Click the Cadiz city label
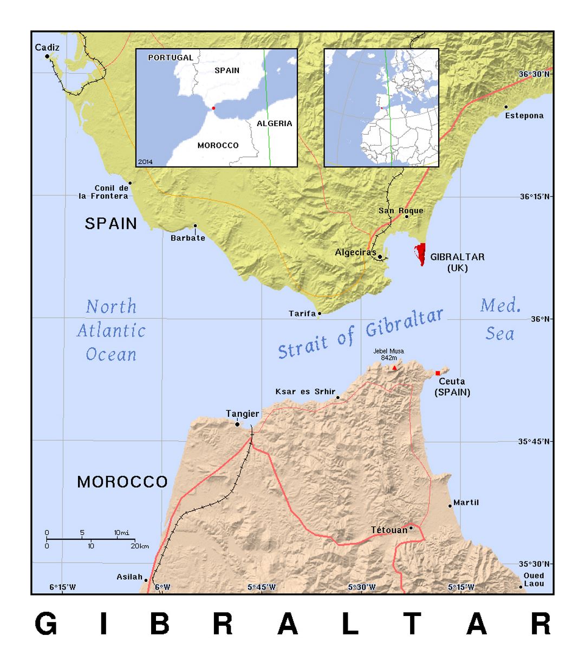(47, 48)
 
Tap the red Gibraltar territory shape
(420, 254)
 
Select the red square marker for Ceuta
(438, 373)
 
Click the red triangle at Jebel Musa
(394, 368)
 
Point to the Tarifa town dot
(320, 313)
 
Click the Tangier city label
(242, 414)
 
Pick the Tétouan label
(389, 530)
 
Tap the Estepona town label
(524, 115)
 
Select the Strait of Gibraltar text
(361, 333)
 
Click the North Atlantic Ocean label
(111, 330)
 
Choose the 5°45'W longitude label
(262, 587)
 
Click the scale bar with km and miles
(90, 540)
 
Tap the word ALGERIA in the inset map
(274, 123)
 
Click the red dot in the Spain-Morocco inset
(213, 108)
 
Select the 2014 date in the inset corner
(145, 161)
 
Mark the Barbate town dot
(195, 226)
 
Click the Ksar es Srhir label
(305, 391)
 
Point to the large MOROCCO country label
(122, 482)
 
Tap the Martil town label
(466, 502)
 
